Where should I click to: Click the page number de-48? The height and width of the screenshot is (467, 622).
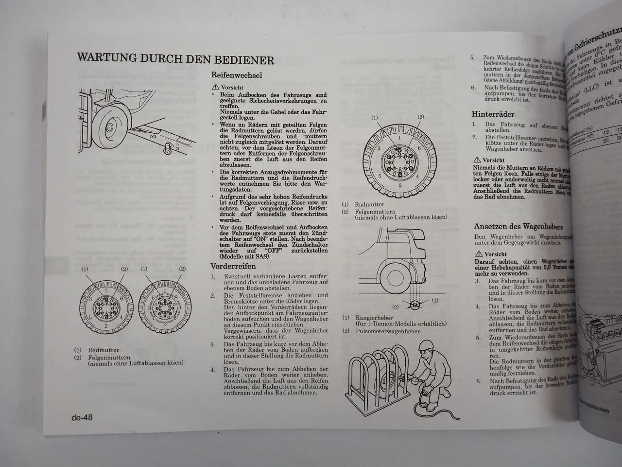[x=82, y=417]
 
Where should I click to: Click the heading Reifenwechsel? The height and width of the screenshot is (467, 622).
[x=237, y=75]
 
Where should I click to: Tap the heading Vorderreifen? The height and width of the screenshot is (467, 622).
[x=233, y=266]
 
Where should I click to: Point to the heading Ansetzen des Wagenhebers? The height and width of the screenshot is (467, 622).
[x=518, y=227]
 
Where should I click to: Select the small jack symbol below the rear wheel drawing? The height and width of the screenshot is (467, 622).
[x=415, y=305]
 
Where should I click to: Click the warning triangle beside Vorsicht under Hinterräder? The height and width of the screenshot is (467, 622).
[x=478, y=160]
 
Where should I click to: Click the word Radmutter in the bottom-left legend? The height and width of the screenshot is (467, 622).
[x=103, y=350]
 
